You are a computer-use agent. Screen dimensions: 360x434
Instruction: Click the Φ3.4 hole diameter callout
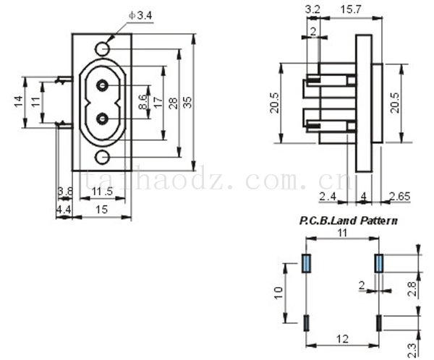(140, 14)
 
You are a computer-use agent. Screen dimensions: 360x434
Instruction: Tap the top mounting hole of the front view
(103, 49)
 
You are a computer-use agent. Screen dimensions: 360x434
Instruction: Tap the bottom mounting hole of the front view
(103, 157)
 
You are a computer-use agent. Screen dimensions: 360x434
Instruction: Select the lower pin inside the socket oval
(103, 118)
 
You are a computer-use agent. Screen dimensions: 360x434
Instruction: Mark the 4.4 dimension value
(64, 210)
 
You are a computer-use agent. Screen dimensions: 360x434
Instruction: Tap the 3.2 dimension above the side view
(313, 9)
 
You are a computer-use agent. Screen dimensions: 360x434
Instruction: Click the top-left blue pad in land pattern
(306, 263)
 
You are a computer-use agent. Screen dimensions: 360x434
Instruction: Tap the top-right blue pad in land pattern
(378, 263)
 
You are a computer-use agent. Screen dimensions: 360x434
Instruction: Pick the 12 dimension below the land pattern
(341, 338)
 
